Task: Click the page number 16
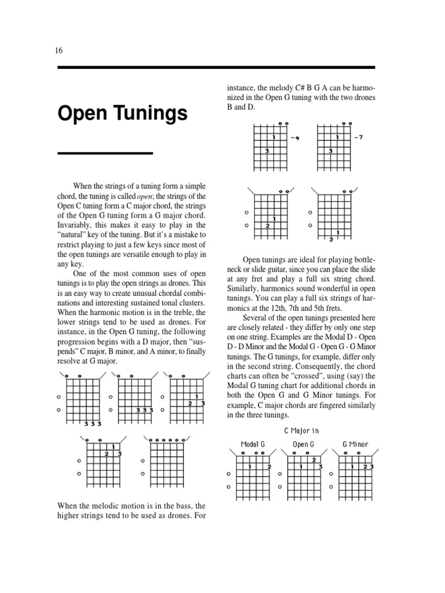59,50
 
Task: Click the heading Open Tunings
122,114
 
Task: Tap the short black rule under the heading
105,153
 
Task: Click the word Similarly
245,288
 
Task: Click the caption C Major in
301,430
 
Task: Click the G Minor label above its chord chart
355,444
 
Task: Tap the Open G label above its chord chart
303,444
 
